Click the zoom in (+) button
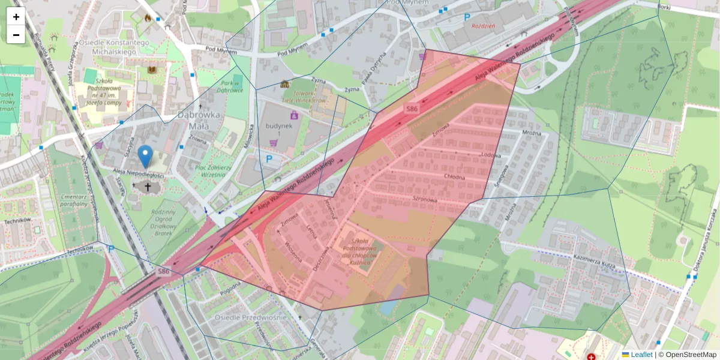(16, 17)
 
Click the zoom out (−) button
(16, 35)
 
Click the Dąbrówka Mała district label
(198, 120)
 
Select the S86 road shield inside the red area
(412, 109)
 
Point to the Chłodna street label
(455, 176)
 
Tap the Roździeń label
(483, 26)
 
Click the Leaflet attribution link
(641, 355)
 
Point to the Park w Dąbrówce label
(230, 86)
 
